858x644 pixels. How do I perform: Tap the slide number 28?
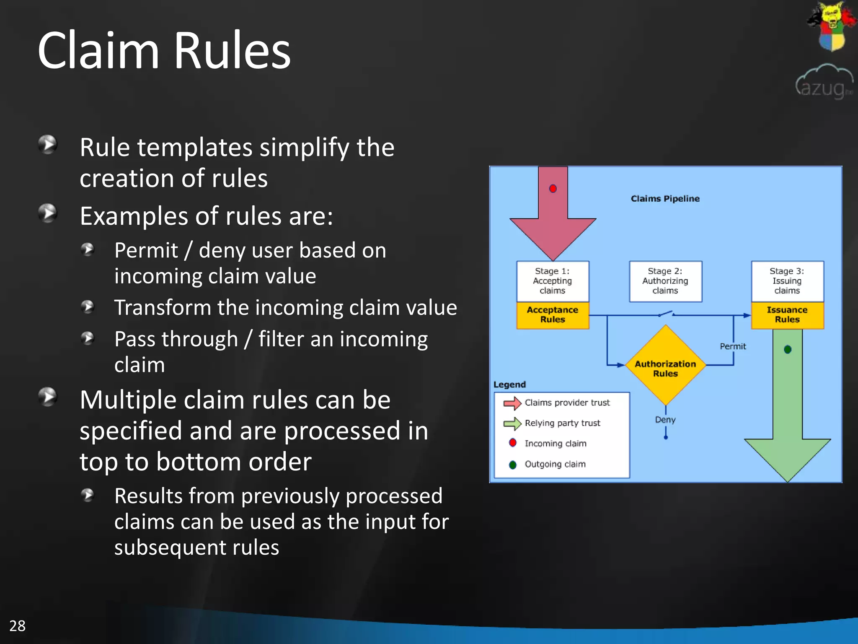tap(17, 626)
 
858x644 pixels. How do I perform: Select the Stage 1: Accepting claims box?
tap(552, 281)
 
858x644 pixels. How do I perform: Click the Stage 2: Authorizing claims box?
tap(665, 281)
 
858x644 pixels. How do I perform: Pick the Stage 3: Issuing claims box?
tap(787, 281)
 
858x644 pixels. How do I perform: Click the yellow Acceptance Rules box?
tap(552, 315)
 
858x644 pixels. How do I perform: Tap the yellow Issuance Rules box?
tap(787, 315)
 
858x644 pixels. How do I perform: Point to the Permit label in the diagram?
tap(733, 346)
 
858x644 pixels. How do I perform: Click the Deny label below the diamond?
tap(665, 420)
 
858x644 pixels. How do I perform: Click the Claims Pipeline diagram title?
tap(665, 199)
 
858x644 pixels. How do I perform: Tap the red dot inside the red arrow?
tap(553, 189)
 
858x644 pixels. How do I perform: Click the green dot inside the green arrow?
tap(787, 349)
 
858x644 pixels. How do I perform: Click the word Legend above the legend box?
tap(509, 384)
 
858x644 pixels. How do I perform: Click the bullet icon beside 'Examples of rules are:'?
tap(48, 213)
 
